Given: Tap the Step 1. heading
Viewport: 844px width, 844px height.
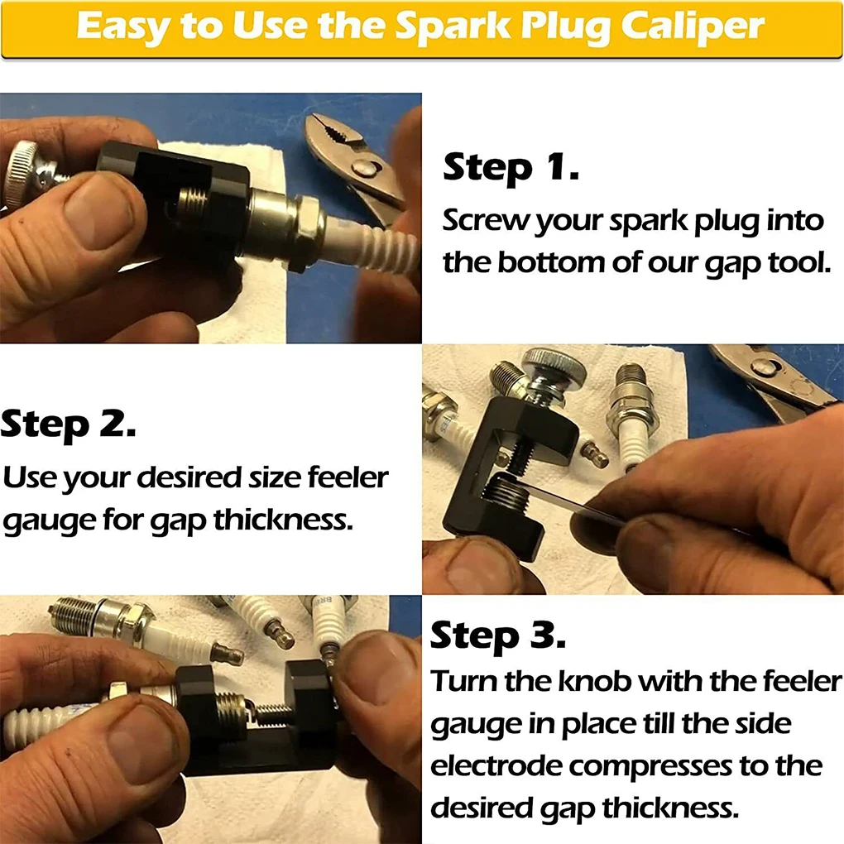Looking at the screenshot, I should pyautogui.click(x=511, y=168).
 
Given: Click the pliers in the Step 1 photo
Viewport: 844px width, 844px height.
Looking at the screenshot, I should pyautogui.click(x=352, y=161).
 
